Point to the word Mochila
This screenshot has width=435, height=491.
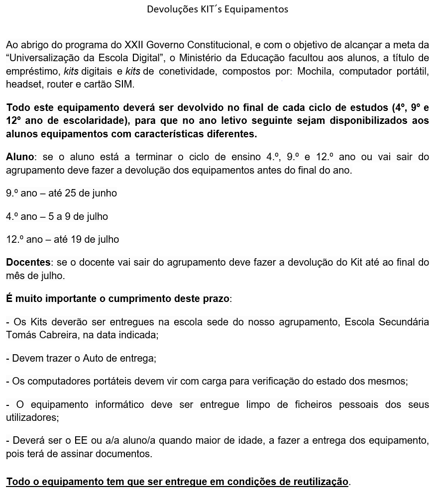(x=313, y=71)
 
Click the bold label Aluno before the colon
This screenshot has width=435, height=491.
(x=20, y=157)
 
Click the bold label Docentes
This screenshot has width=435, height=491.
(x=28, y=262)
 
